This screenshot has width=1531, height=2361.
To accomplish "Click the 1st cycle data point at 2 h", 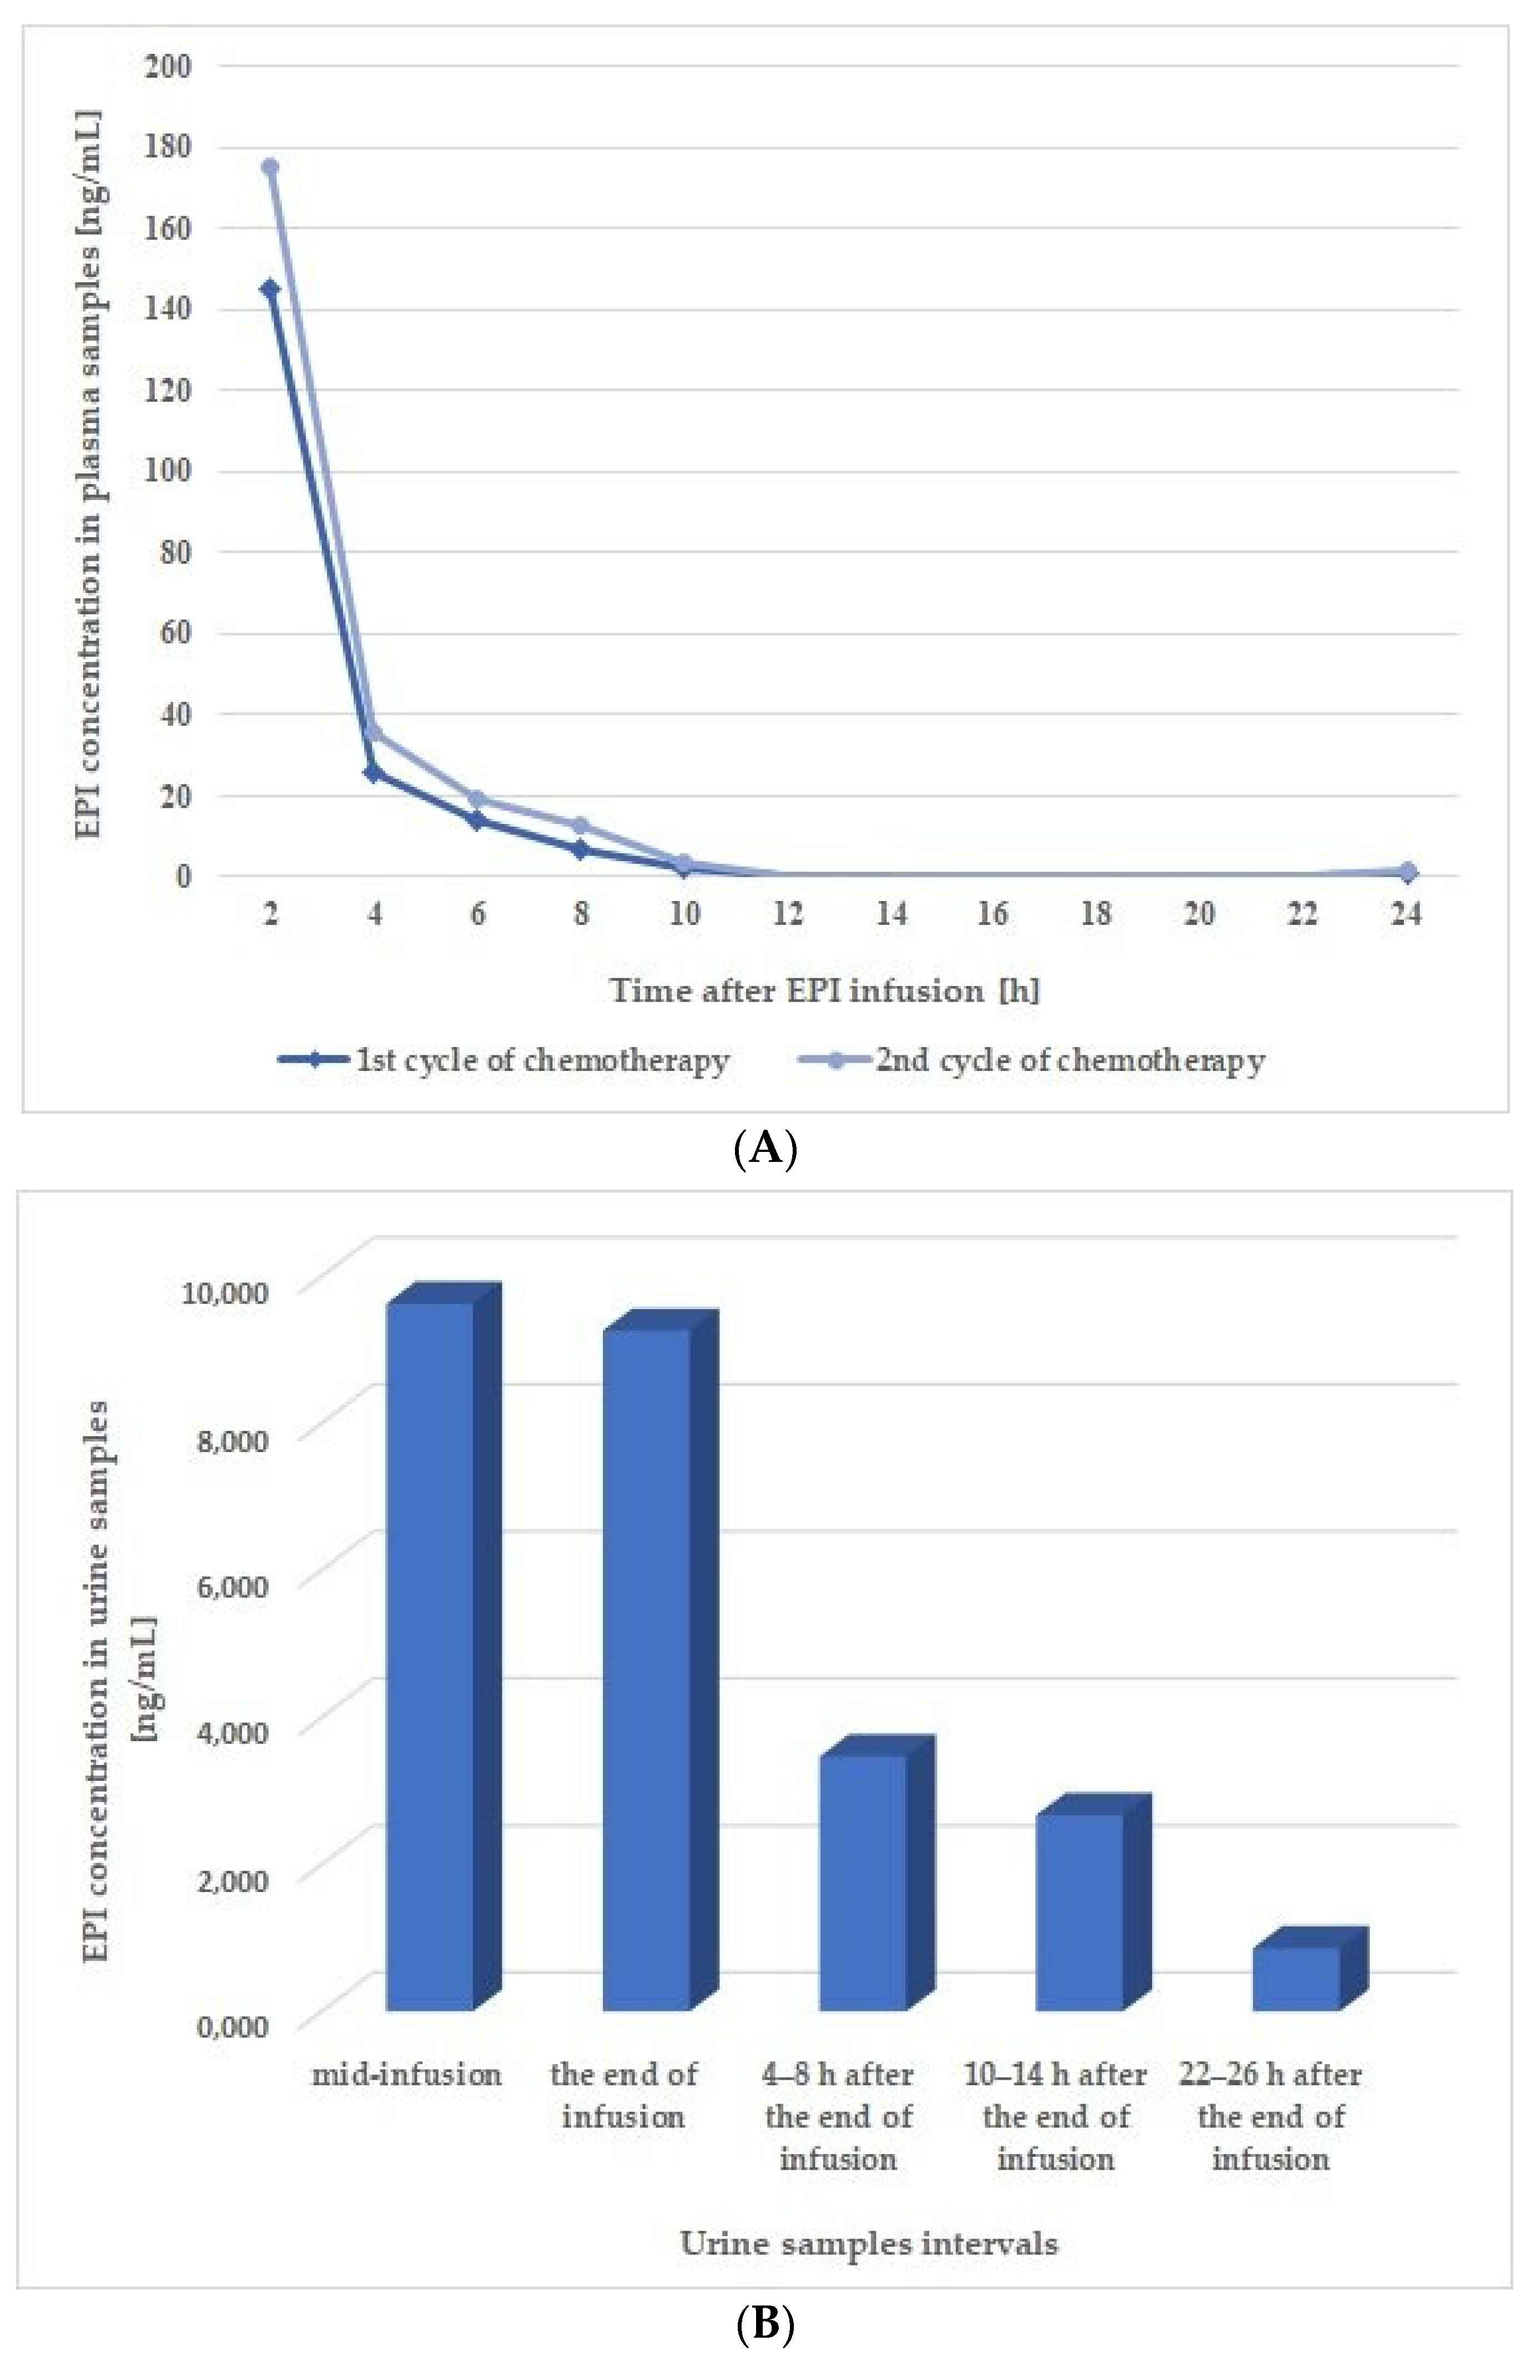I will click(x=270, y=289).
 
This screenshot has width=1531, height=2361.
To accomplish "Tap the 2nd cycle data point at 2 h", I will click(x=270, y=166).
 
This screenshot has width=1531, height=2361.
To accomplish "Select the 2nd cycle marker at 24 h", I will click(x=1406, y=872).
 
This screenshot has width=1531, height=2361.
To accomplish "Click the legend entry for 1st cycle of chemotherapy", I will click(x=504, y=1060).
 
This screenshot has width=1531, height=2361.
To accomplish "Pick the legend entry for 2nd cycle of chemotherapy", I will click(x=1032, y=1060).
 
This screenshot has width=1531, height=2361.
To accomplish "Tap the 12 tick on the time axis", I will click(x=788, y=914).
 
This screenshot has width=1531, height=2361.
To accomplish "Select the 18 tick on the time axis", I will click(x=1096, y=914).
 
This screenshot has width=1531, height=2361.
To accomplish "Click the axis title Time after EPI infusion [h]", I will click(x=824, y=990).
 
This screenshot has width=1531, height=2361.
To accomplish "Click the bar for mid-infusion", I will click(x=430, y=1657).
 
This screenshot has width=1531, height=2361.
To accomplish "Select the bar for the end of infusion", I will click(x=647, y=1671).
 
